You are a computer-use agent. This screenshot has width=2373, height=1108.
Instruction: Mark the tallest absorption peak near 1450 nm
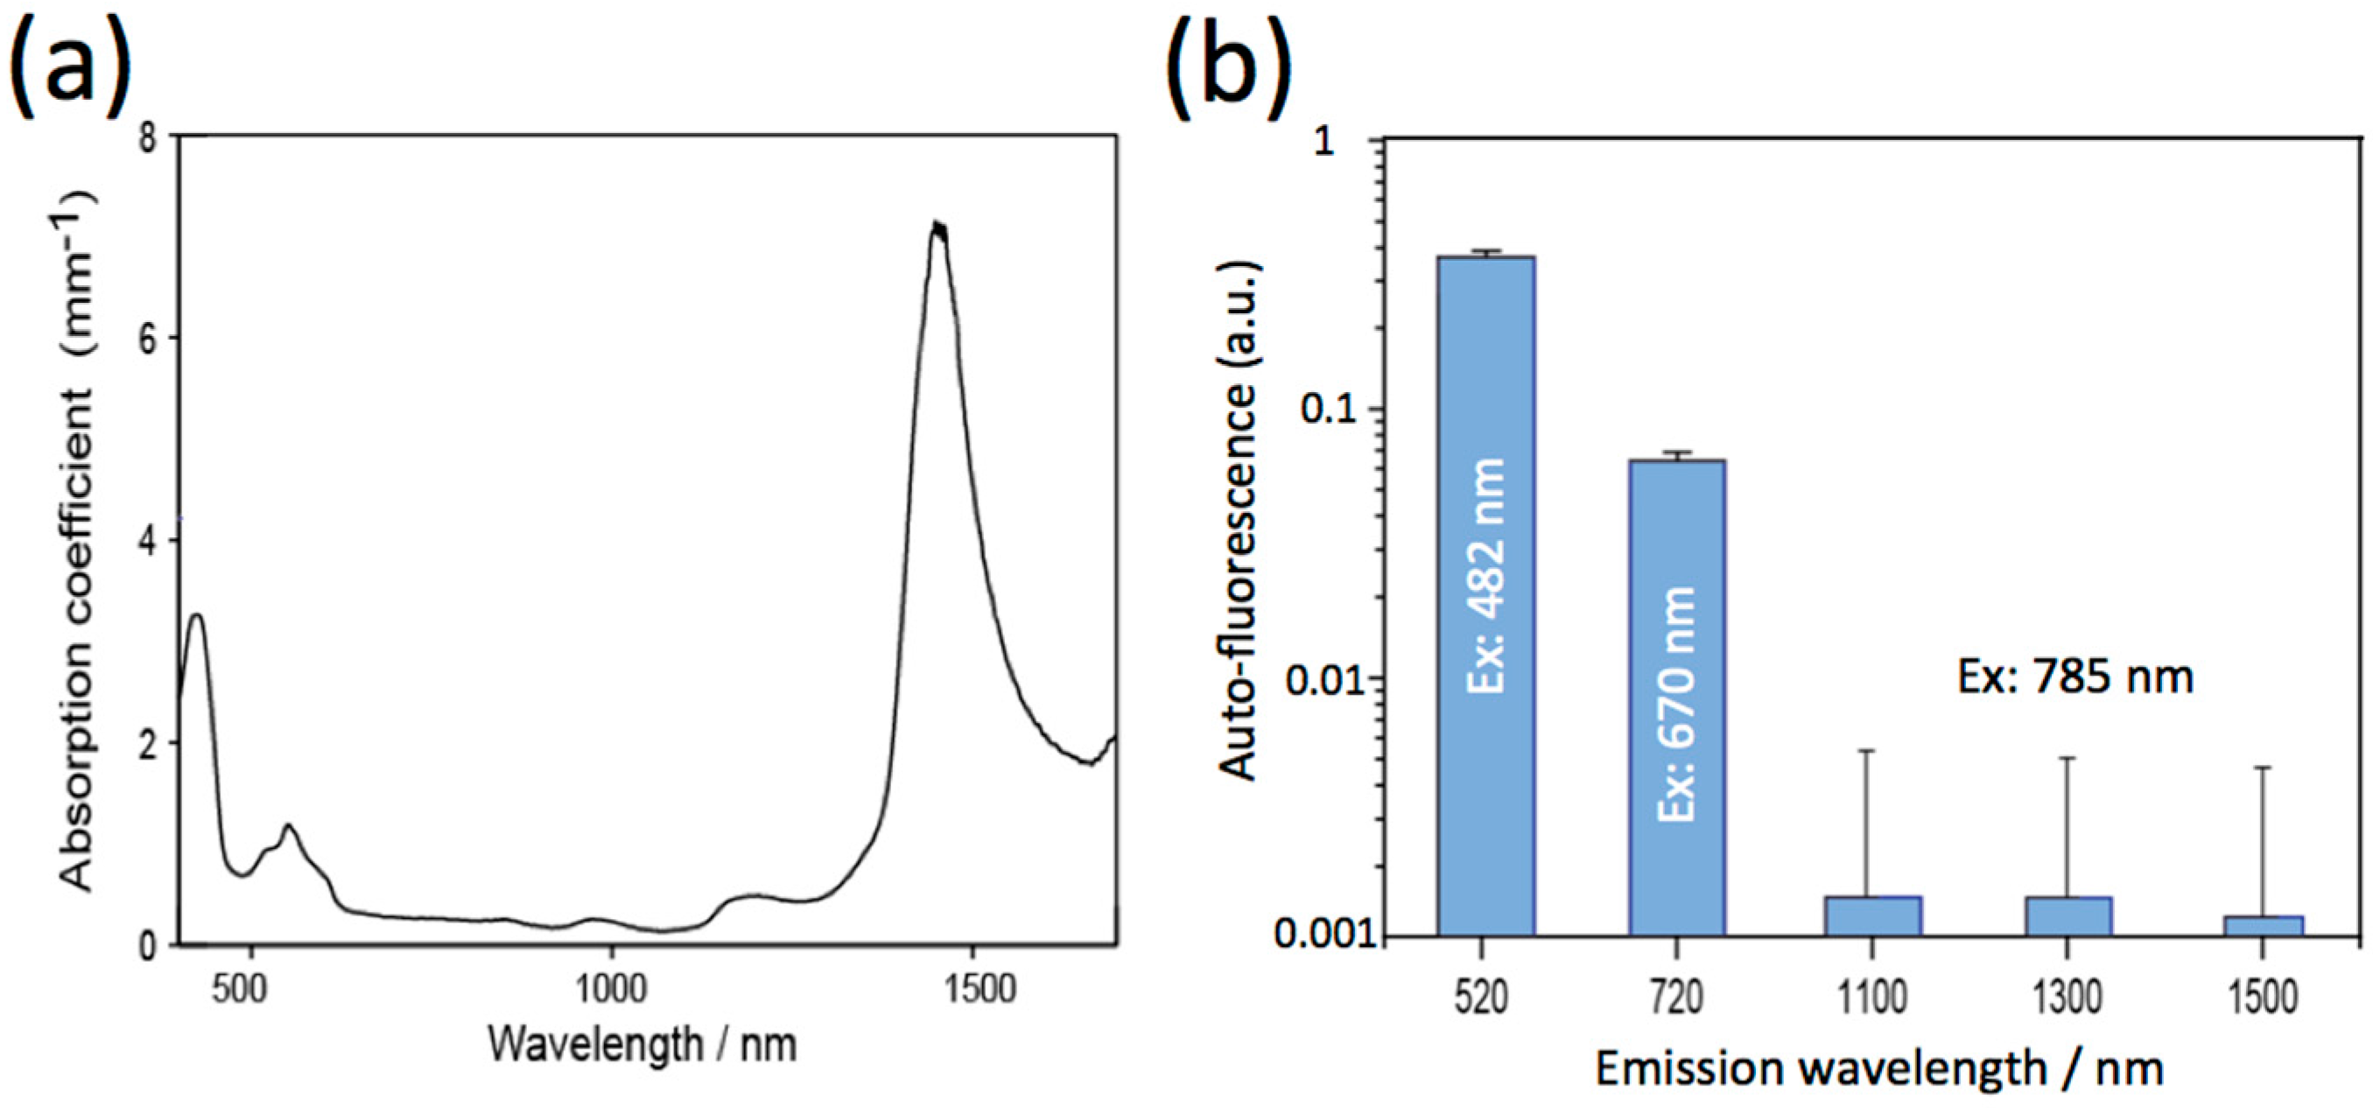937,226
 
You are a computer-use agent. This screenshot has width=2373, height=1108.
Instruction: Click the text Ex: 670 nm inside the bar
1675,705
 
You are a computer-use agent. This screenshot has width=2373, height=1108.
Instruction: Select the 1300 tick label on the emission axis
2068,998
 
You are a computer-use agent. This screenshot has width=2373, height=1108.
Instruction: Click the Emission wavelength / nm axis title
1879,1069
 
